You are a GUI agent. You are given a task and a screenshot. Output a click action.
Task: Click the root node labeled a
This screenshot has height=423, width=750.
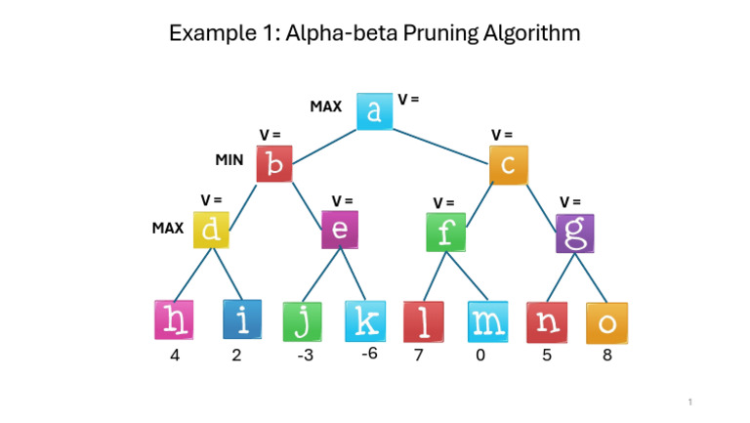375,111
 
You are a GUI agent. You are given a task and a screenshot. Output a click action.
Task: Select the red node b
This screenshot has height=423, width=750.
274,164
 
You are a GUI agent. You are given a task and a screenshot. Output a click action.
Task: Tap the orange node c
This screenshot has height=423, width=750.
508,165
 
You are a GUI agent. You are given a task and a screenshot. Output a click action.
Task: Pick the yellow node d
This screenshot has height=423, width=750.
212,230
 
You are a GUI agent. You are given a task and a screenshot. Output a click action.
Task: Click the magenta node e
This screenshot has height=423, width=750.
340,230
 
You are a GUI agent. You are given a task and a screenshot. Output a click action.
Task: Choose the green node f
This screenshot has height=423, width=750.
446,233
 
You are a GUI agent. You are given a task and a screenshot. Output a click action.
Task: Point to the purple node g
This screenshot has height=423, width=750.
574,233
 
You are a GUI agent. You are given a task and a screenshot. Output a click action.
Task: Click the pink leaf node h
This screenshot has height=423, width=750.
174,319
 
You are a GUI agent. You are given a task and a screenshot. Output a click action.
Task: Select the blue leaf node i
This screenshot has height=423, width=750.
240,319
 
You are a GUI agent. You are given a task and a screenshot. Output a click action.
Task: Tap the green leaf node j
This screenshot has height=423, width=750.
302,321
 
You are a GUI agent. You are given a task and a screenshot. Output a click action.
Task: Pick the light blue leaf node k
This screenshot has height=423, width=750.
363,320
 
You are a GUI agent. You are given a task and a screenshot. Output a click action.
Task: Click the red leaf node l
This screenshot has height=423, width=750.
423,321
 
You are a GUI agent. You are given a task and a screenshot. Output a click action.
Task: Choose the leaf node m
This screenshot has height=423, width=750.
485,321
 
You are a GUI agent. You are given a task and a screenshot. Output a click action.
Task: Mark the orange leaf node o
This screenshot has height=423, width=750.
606,322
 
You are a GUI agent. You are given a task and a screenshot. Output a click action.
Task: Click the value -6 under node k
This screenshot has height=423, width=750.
369,354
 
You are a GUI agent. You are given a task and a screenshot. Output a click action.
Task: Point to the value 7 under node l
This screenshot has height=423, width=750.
419,356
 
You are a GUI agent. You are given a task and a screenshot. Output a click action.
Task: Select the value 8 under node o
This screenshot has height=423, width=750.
607,356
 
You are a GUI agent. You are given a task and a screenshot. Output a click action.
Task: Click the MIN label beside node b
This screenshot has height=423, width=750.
229,158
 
